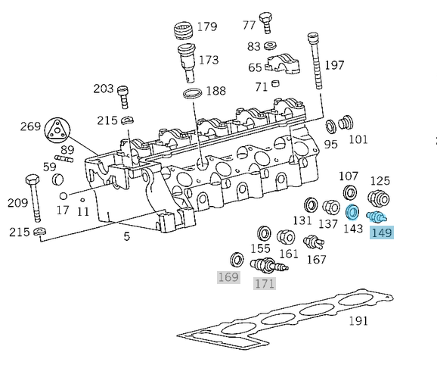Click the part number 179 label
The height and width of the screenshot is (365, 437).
pos(207,27)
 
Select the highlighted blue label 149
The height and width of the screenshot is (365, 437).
pos(382,232)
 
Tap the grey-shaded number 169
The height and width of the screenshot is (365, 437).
pos(228,277)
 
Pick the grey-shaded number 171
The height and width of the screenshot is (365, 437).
pos(264,283)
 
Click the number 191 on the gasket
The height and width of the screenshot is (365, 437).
pos(358,320)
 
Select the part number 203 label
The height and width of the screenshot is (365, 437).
pos(104,89)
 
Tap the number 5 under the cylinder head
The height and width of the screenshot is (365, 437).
pos(126,237)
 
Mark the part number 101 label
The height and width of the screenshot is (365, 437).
pos(358,139)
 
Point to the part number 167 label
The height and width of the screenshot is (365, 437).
pos(316,259)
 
